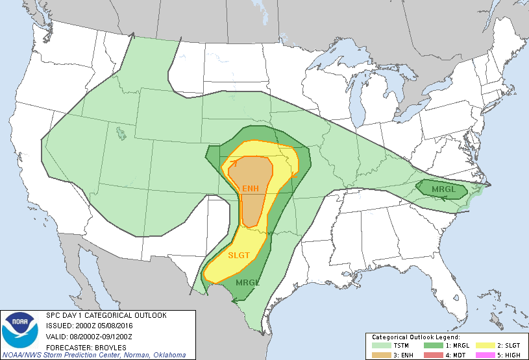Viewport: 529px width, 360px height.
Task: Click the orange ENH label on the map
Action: point(250,188)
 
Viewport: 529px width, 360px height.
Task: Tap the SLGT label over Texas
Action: point(238,255)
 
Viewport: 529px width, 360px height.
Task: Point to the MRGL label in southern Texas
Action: point(247,283)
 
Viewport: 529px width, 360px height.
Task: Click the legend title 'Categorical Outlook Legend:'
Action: point(415,337)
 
